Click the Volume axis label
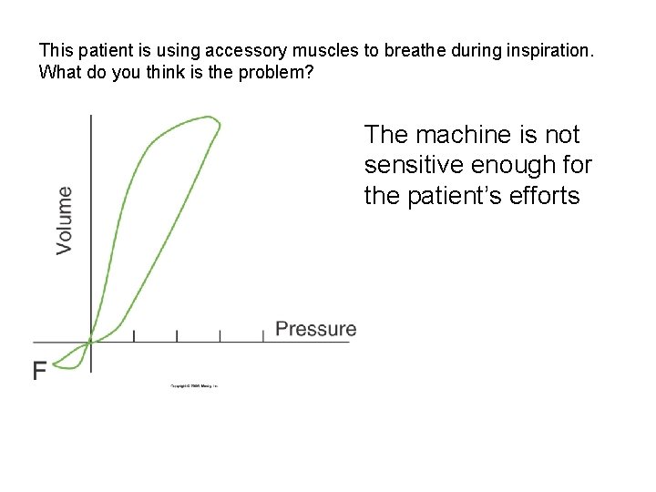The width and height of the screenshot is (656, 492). (x=65, y=220)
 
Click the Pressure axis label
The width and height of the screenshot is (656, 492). (x=315, y=329)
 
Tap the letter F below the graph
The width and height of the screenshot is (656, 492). (x=40, y=371)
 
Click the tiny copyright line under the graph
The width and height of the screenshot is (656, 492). (x=194, y=386)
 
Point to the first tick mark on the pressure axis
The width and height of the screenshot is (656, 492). (x=134, y=336)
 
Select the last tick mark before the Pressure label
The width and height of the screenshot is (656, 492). (x=262, y=336)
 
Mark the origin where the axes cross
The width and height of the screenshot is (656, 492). (x=90, y=342)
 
